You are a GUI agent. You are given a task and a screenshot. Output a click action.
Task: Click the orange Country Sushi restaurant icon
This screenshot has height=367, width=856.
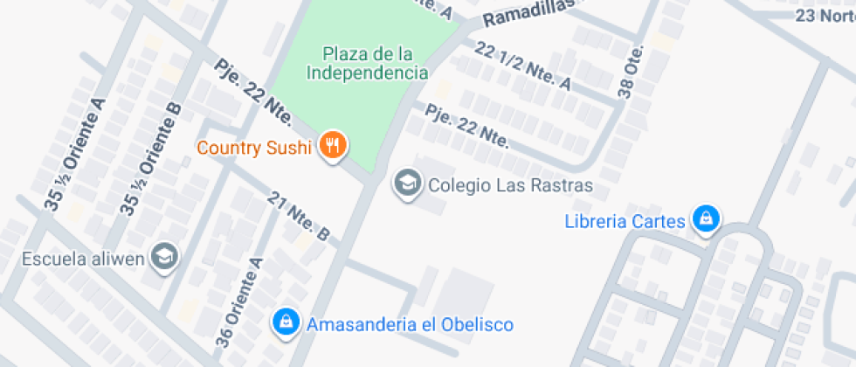[x=331, y=146]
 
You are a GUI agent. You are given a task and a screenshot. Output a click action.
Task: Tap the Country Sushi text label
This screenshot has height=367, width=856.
[x=254, y=148]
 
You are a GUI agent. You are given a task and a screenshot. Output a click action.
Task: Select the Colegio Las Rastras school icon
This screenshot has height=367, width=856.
[x=405, y=184]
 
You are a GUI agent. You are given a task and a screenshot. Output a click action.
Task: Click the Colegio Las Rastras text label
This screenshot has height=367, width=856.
[x=510, y=185]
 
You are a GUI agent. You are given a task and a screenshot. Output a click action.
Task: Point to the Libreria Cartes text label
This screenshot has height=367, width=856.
[x=625, y=221]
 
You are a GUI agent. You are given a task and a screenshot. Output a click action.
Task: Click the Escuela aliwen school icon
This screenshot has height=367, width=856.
[x=163, y=257]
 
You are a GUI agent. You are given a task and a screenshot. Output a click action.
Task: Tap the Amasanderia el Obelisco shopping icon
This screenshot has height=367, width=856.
[x=285, y=323]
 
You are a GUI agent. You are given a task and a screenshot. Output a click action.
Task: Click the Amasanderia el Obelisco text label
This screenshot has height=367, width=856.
[x=409, y=324]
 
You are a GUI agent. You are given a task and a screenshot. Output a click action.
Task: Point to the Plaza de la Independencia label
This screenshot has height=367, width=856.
[x=367, y=64]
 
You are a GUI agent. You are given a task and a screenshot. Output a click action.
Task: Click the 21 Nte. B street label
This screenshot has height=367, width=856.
[x=300, y=216]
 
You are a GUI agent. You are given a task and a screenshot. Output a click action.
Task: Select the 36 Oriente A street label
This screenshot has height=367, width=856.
[x=238, y=302]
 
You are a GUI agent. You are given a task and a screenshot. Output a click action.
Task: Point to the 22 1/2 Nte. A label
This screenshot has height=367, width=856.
[x=523, y=66]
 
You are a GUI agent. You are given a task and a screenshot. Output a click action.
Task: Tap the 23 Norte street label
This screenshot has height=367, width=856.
[x=825, y=16]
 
